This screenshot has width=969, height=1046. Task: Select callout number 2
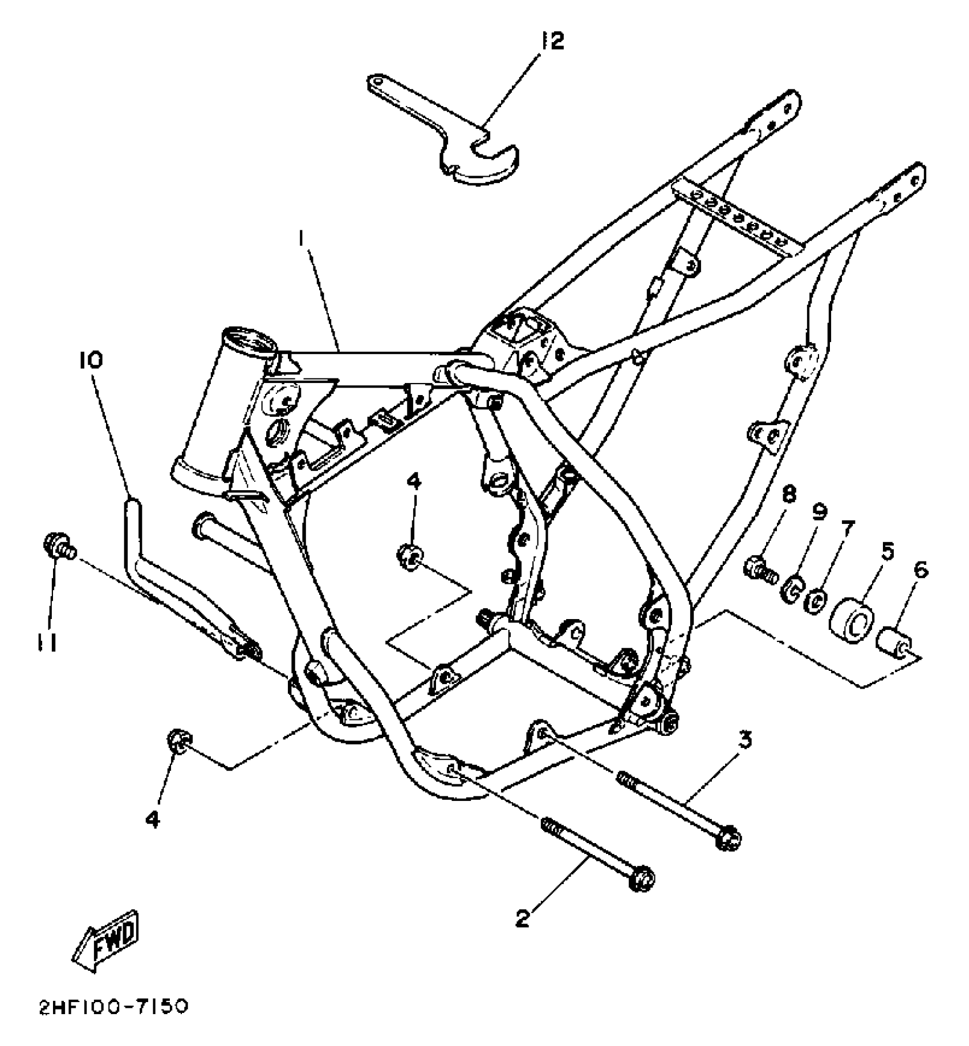tap(523, 918)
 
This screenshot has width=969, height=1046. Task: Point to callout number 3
tap(745, 740)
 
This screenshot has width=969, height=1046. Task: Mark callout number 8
tap(789, 494)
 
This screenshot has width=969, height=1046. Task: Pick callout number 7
tap(846, 530)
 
